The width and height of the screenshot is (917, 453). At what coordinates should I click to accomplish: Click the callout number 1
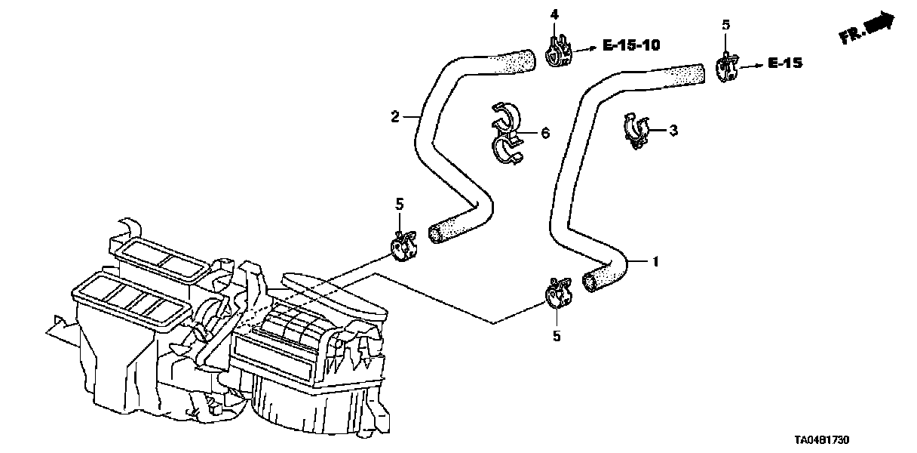point(655,262)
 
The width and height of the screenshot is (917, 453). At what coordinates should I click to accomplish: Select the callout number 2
point(394,116)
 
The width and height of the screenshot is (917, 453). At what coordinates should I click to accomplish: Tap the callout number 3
point(673,131)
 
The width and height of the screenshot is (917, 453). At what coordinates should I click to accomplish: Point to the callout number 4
point(554,14)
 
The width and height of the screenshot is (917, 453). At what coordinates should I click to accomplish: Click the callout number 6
point(544,134)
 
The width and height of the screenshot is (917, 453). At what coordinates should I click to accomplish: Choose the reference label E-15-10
point(630,46)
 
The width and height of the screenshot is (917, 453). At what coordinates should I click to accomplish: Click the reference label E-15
point(784,64)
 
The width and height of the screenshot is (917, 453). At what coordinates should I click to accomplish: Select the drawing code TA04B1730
point(827,440)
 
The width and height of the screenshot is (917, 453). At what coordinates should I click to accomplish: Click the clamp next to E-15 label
point(725,68)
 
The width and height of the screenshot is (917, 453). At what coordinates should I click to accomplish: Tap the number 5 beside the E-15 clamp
point(725,25)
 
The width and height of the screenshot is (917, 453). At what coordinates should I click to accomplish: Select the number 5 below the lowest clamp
point(557,336)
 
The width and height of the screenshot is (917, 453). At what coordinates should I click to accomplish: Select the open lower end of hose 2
point(436,234)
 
